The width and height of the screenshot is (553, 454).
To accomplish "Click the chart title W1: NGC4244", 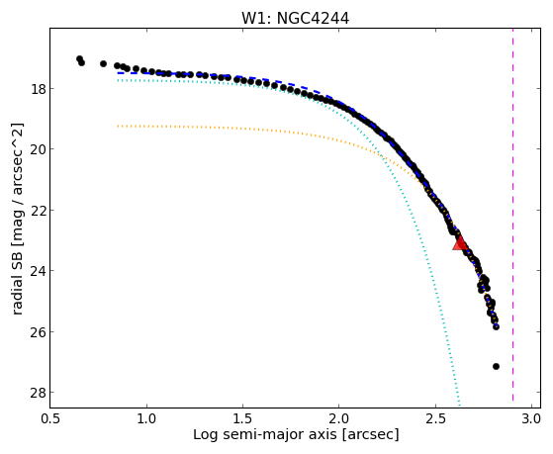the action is [x=295, y=18].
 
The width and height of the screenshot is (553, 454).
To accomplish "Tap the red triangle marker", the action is [x=460, y=243].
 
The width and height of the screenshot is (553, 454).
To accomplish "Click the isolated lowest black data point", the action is [x=496, y=367].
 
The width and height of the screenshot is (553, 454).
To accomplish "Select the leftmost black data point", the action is [x=79, y=58].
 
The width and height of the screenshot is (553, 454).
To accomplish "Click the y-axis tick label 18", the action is [x=39, y=89].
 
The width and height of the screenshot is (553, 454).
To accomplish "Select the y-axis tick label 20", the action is [x=39, y=149].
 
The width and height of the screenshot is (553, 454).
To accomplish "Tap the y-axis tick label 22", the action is [x=39, y=211].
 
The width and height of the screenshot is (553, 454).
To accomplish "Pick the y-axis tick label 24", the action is [x=39, y=271].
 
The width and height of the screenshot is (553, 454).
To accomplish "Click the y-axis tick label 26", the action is [x=39, y=332].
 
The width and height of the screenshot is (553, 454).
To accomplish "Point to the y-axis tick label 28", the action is [x=39, y=393].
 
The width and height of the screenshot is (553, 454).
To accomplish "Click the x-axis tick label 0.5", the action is [x=50, y=419].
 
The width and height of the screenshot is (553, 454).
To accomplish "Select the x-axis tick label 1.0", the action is [x=146, y=419].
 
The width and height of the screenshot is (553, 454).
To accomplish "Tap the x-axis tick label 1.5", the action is [x=242, y=419].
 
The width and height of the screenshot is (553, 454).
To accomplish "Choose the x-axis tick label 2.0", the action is [x=339, y=419].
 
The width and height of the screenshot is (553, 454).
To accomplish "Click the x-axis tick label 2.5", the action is [x=435, y=419].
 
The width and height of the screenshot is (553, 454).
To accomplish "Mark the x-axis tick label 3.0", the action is [x=531, y=419].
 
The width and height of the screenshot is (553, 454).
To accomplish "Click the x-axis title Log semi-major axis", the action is [x=265, y=435].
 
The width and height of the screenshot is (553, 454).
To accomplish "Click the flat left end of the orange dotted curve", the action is [x=118, y=126].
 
